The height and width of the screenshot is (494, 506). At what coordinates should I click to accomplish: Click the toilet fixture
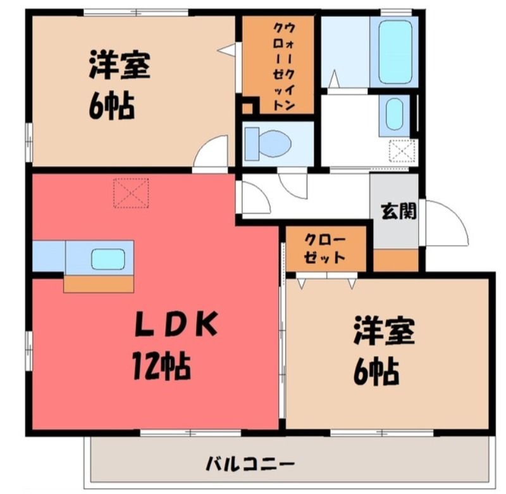[268, 144]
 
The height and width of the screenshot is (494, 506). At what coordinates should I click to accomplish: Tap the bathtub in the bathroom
[395, 52]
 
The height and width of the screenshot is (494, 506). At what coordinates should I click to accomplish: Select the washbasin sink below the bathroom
[394, 114]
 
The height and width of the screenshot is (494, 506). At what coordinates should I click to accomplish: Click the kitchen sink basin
[108, 259]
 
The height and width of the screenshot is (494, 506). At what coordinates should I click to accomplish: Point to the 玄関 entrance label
[398, 212]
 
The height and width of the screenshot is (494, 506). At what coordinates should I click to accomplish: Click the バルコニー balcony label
[250, 465]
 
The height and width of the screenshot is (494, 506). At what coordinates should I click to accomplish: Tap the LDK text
[176, 324]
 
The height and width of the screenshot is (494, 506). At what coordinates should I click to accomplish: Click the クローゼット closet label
[324, 248]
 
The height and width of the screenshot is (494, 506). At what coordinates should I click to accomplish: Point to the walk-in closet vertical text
[283, 67]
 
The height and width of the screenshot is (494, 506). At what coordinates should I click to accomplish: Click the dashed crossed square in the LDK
[131, 193]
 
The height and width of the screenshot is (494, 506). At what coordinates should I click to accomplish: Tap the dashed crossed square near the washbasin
[402, 151]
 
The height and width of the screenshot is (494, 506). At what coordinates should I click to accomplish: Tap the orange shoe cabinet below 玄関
[396, 260]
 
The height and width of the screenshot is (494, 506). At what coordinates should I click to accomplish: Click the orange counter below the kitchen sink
[99, 284]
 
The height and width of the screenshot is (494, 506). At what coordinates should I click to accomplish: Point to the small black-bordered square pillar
[248, 106]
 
